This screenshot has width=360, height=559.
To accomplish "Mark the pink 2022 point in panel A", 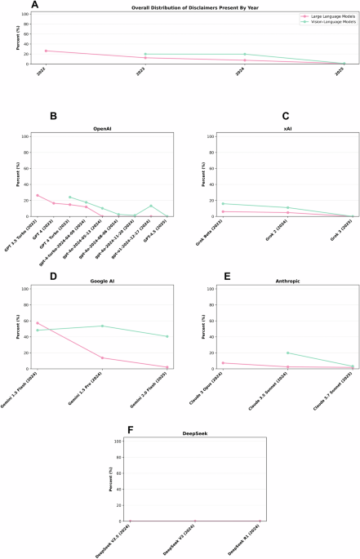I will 46,51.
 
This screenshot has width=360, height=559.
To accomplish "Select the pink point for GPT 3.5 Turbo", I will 38,195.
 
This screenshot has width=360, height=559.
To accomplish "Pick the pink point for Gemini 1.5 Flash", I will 38,300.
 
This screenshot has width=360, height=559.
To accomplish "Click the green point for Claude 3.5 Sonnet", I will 288,353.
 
